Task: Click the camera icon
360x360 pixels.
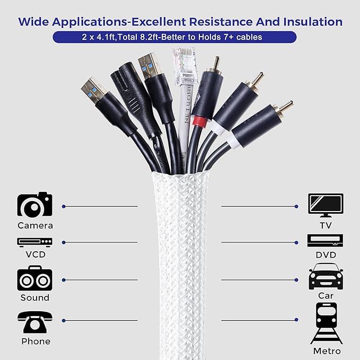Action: pos(35,204)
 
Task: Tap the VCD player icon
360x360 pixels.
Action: pos(35,242)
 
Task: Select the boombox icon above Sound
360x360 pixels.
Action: pos(35,279)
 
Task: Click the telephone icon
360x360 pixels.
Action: pos(35,321)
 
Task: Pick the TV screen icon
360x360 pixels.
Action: pos(326,205)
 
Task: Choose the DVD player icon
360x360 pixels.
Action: pos(326,242)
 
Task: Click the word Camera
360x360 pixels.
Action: pos(35,225)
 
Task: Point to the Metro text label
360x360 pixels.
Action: pos(326,351)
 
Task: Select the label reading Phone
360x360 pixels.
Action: pos(35,341)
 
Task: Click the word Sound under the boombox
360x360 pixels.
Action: pos(35,298)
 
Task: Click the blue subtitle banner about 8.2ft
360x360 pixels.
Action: pos(180,37)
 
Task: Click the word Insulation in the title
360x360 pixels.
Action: pos(310,21)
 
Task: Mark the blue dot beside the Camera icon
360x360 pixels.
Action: pos(64,206)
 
